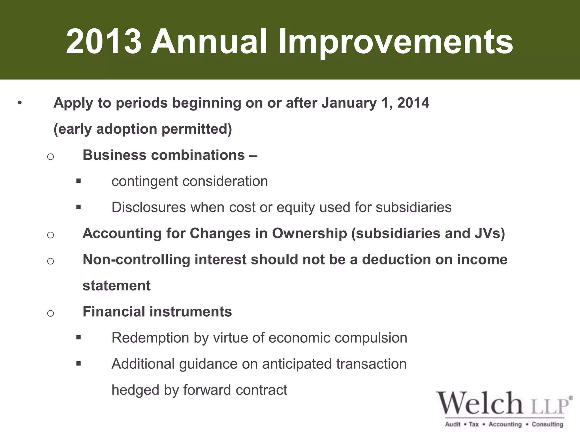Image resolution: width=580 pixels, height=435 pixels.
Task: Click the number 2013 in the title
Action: (x=103, y=42)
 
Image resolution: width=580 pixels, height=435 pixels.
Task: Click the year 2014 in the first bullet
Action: (x=413, y=103)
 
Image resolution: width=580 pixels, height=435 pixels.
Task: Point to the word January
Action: (x=349, y=103)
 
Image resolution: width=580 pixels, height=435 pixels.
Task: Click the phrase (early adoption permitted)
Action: (x=143, y=129)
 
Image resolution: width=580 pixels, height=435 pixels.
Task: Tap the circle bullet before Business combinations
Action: (x=50, y=156)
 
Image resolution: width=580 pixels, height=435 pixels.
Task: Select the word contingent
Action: (x=145, y=182)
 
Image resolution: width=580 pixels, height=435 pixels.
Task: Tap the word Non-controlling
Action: (x=136, y=259)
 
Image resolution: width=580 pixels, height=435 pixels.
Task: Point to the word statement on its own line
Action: (x=116, y=285)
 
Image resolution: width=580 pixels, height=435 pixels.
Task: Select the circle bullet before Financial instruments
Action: (x=50, y=313)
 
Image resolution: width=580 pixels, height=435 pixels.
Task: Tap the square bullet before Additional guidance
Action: (x=78, y=364)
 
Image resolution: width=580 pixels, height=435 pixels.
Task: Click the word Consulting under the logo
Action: (x=547, y=424)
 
